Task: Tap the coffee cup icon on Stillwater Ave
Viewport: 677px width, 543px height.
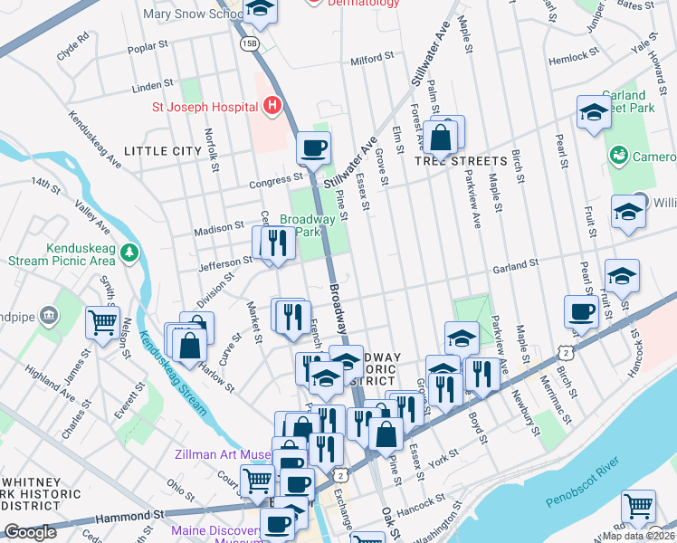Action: pyautogui.click(x=313, y=148)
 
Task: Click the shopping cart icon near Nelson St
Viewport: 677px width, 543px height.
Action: pyautogui.click(x=102, y=320)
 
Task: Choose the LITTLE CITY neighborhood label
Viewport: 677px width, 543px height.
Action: pyautogui.click(x=163, y=150)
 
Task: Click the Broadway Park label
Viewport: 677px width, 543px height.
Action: pyautogui.click(x=308, y=225)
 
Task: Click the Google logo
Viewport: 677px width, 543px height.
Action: pyautogui.click(x=30, y=532)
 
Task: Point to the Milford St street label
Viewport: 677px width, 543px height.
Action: pyautogui.click(x=372, y=57)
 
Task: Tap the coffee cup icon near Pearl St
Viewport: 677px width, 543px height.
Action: pyautogui.click(x=580, y=311)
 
